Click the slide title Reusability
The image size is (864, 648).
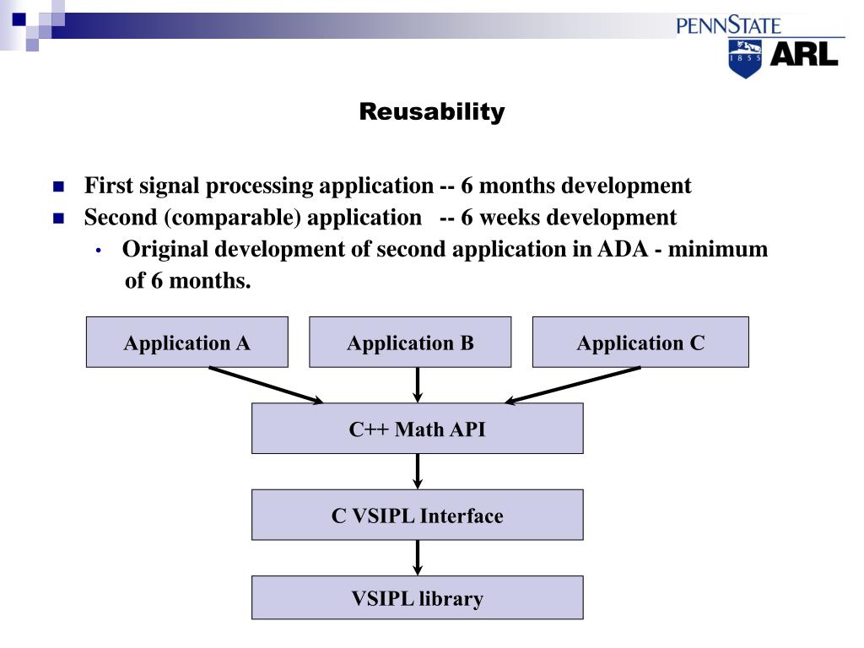[x=431, y=111]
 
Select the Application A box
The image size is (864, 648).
[x=186, y=343]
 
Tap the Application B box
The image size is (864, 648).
[x=410, y=343]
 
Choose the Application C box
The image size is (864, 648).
[x=640, y=343]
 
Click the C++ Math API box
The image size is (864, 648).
[x=417, y=429]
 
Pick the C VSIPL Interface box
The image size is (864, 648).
[x=417, y=516]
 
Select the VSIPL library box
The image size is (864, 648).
[x=417, y=599]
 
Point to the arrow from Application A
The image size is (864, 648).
[x=265, y=386]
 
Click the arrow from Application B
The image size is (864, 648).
[x=418, y=385]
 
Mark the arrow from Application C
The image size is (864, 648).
[x=574, y=386]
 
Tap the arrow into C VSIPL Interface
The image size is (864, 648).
[x=418, y=471]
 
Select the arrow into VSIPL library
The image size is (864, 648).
[x=418, y=557]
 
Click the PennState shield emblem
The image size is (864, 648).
[x=744, y=57]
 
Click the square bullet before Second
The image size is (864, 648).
[x=58, y=219]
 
